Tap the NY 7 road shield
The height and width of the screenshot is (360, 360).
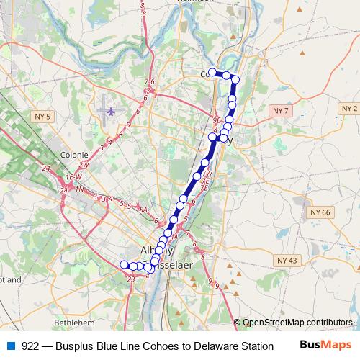coord(281,109)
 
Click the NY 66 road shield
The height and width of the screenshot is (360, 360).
coord(320,212)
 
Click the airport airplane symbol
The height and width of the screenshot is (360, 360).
coord(111,111)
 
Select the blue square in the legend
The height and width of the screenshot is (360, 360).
coord(10,346)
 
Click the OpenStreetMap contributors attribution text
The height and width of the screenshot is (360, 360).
coord(297,322)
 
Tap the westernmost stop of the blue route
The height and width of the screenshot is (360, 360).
coord(124,265)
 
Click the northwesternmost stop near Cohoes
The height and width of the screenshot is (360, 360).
coord(212,72)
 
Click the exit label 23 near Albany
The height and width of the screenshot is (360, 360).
coord(130,278)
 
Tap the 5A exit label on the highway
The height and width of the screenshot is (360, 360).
coord(143,210)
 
